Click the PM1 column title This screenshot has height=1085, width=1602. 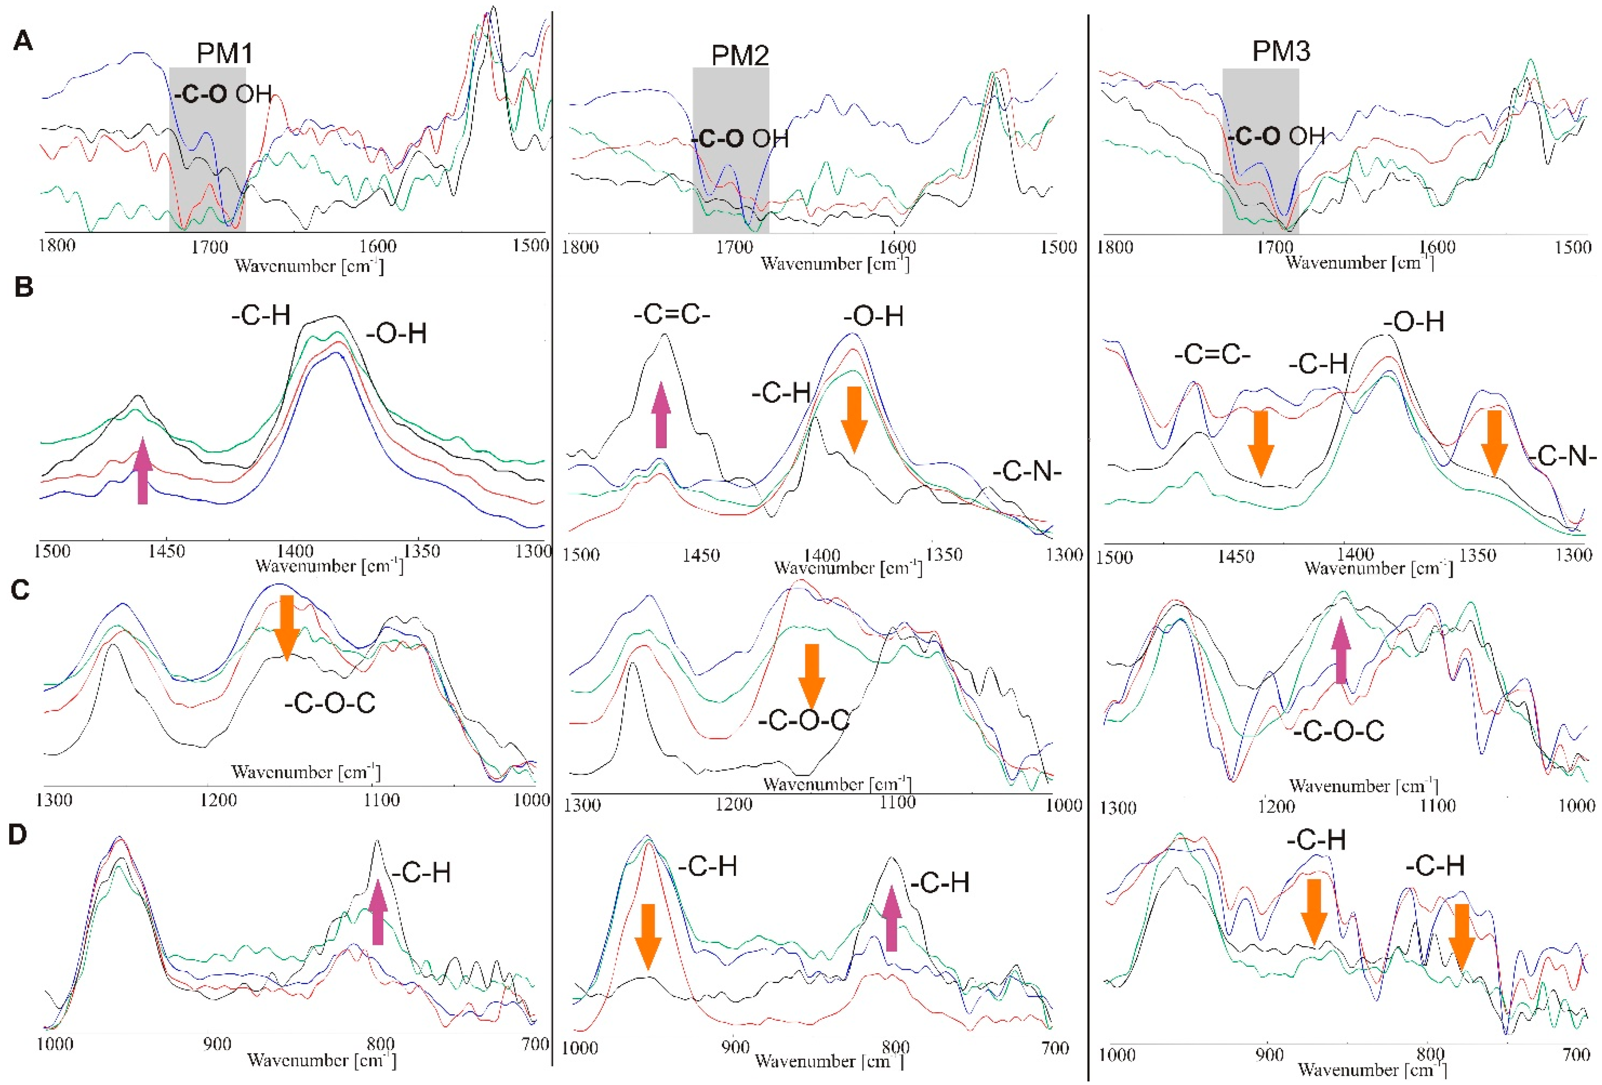coord(225,53)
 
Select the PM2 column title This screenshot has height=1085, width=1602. coord(740,55)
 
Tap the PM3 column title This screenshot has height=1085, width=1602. coord(1281,51)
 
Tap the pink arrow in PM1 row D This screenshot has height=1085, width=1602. coord(378,913)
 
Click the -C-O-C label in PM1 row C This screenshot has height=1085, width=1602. coord(329,703)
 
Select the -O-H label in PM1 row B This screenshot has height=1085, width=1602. coord(396,334)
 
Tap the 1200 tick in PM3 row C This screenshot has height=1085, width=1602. coord(1276,806)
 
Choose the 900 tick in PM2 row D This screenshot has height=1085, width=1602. coord(735,1048)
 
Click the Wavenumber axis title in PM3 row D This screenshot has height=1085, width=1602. coord(1372,1069)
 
